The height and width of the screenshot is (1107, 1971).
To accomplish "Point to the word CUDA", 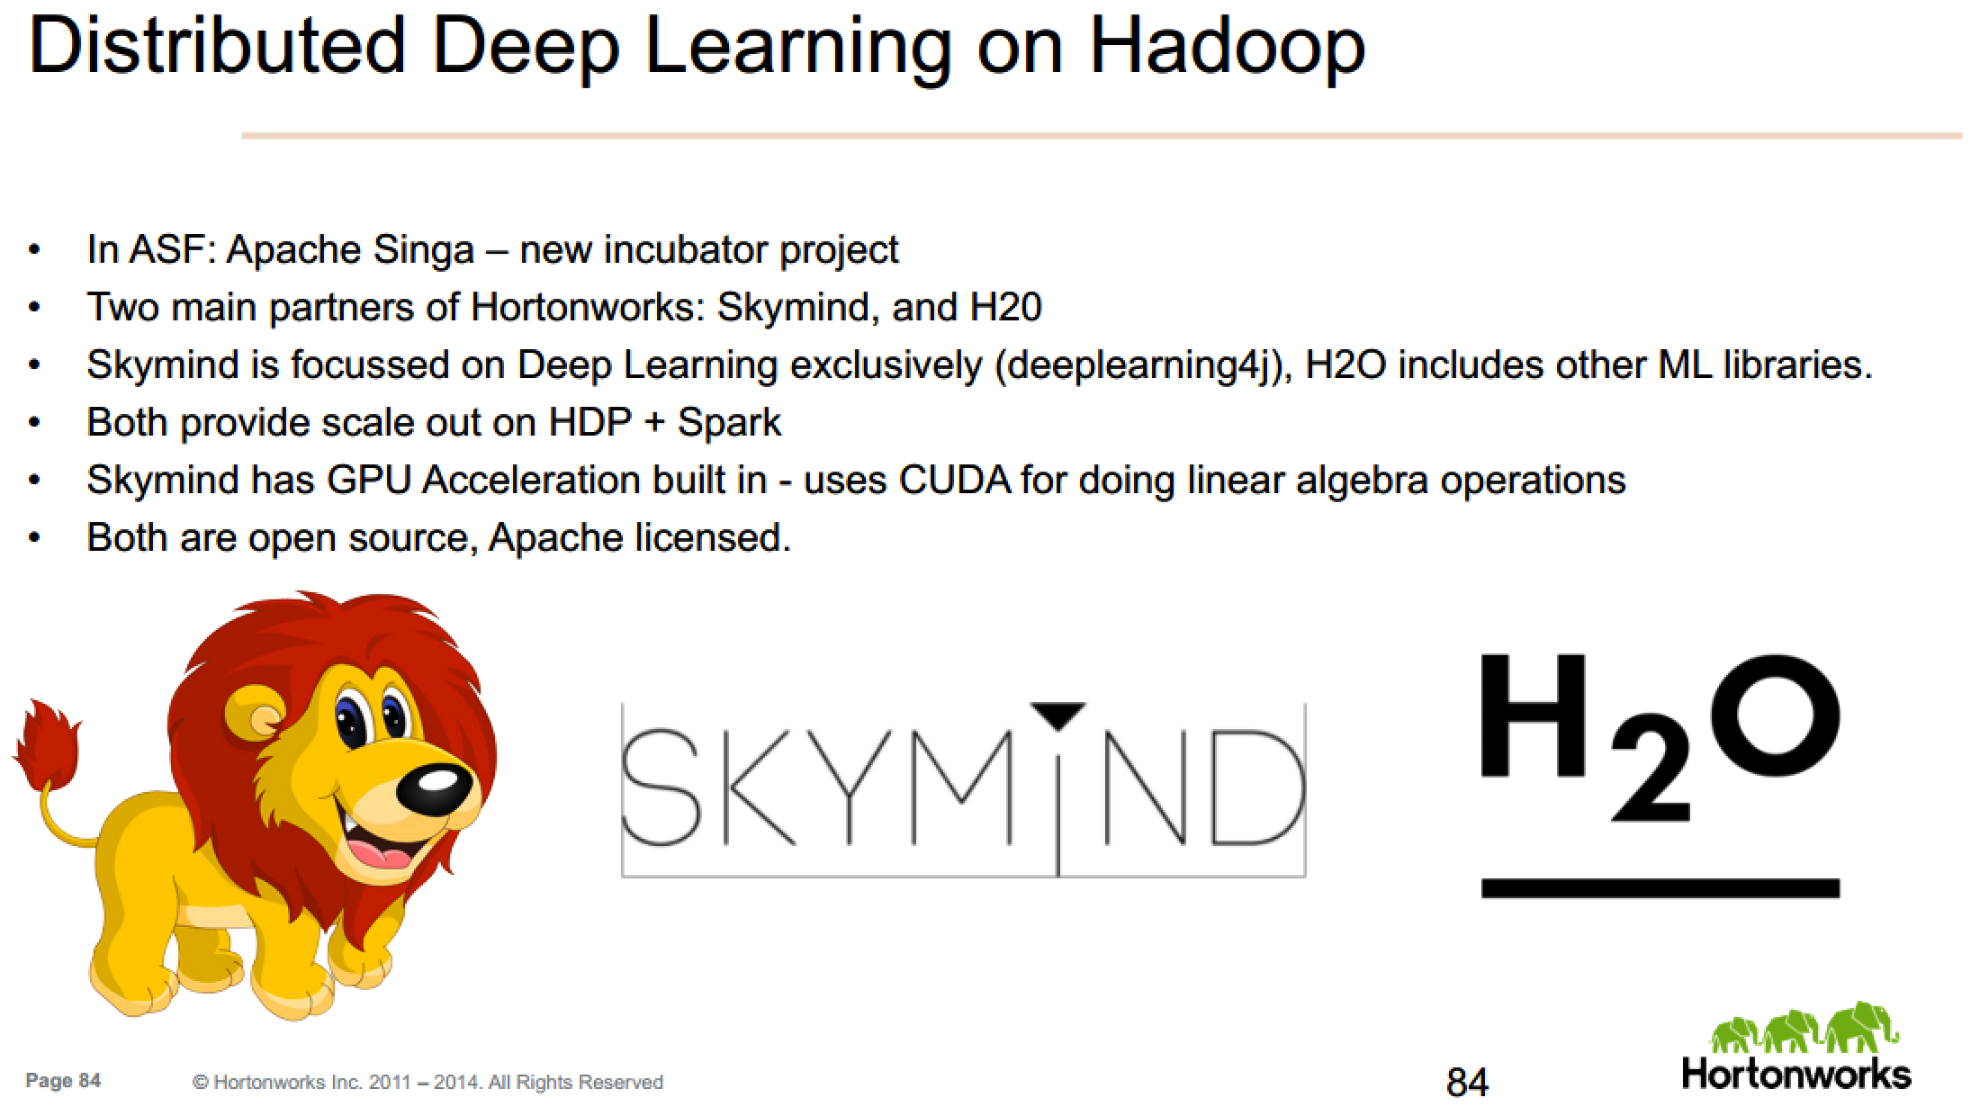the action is (955, 480).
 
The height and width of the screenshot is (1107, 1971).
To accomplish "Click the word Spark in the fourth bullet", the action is (729, 423).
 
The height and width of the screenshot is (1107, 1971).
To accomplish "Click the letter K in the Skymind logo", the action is (760, 788).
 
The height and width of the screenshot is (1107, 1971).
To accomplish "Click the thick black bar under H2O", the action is (1660, 888).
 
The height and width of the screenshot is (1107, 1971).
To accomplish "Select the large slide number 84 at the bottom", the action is (1468, 1081).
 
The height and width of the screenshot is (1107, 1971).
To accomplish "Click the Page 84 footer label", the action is (63, 1080).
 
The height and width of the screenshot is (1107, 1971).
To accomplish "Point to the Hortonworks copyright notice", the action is (427, 1082).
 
